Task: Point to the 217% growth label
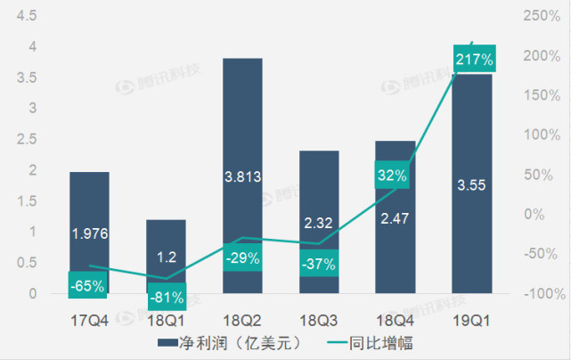tap(473, 60)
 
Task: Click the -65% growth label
tap(88, 286)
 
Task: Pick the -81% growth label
tap(166, 297)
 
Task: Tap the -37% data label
tap(317, 263)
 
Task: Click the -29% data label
tap(242, 258)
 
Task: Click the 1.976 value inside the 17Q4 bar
tap(88, 233)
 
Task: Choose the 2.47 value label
tap(394, 217)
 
